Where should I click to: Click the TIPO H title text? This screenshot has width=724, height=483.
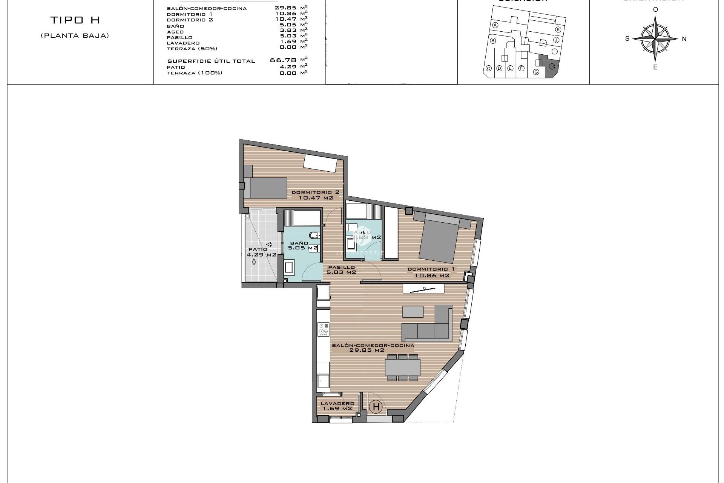pyautogui.click(x=75, y=20)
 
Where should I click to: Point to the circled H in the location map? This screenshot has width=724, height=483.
pyautogui.click(x=552, y=66)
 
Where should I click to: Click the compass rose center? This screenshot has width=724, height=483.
pyautogui.click(x=655, y=38)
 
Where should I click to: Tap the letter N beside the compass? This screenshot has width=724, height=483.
pyautogui.click(x=684, y=39)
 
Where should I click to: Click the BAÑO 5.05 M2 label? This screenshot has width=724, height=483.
pyautogui.click(x=302, y=246)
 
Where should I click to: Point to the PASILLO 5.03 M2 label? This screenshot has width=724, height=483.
pyautogui.click(x=341, y=269)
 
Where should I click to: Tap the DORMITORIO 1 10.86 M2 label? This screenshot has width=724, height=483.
pyautogui.click(x=431, y=272)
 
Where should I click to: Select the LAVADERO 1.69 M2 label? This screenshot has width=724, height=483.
pyautogui.click(x=337, y=406)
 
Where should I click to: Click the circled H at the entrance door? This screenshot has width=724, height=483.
pyautogui.click(x=376, y=407)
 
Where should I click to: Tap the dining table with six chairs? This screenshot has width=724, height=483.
pyautogui.click(x=402, y=367)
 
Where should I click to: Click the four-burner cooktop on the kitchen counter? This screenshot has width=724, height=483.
pyautogui.click(x=323, y=329)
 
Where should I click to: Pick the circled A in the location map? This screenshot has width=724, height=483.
pyautogui.click(x=495, y=25)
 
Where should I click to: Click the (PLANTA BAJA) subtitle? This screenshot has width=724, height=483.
pyautogui.click(x=75, y=36)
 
